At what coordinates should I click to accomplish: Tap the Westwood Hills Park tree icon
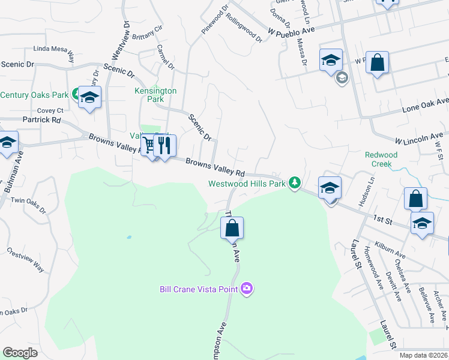pos(294,182)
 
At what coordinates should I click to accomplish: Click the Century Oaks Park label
pos(34,95)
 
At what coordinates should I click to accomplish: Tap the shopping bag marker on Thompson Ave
pos(232,228)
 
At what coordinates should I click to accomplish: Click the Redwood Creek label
pos(381,159)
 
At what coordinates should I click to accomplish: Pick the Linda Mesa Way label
pos(54,51)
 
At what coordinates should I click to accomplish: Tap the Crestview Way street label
pos(25,260)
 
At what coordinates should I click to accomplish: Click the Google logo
pos(20,353)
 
